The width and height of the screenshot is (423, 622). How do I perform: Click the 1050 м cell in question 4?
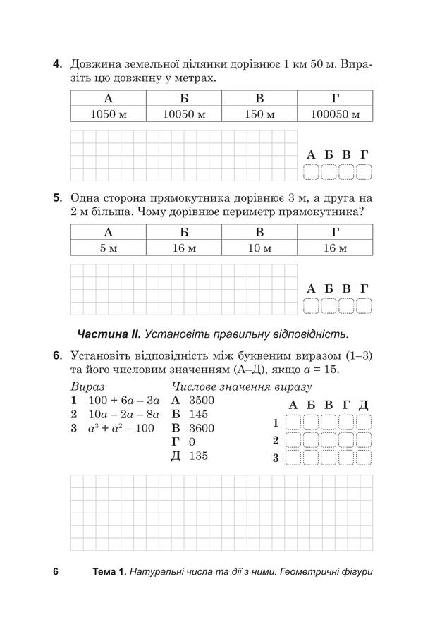click(108, 114)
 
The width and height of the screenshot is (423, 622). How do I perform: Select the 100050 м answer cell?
click(335, 114)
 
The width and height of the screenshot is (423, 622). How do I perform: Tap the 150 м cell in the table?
click(259, 114)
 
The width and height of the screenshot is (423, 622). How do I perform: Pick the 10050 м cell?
click(183, 114)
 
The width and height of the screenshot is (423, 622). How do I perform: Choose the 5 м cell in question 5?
click(108, 248)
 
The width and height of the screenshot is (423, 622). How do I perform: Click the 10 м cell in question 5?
click(259, 248)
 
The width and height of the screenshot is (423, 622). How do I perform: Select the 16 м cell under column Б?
click(183, 248)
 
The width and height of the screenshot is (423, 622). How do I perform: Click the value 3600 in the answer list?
click(202, 428)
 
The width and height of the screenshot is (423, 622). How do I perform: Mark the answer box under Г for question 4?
click(364, 172)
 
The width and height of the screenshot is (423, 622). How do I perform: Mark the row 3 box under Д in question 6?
click(364, 459)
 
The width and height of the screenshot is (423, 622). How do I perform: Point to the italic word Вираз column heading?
click(87, 386)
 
